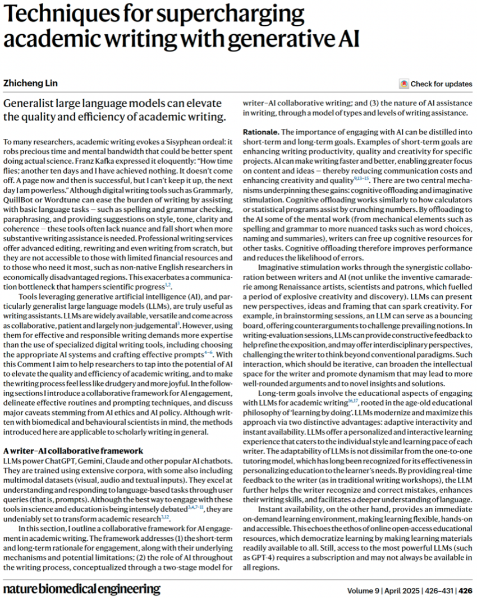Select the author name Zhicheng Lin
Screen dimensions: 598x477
point(30,84)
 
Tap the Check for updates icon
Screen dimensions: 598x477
point(403,84)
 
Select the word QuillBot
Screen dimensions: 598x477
point(19,193)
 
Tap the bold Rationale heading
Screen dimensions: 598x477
point(260,131)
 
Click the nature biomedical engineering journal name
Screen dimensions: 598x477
point(82,589)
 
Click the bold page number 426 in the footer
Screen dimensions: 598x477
point(465,590)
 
